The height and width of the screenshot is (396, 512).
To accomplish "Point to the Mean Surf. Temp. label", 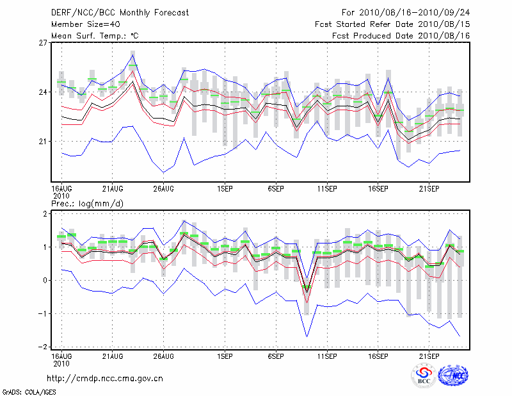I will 95,35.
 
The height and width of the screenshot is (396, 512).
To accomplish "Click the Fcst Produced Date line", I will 401,35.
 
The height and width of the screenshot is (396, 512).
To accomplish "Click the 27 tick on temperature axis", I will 43,43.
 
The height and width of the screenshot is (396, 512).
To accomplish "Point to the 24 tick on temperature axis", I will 43,92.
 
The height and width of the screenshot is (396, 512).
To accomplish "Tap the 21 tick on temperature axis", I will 43,141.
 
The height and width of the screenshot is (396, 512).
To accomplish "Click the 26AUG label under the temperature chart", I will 163,188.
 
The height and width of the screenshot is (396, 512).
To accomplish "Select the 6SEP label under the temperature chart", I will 276,188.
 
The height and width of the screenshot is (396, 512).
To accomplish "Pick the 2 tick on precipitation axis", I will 45,213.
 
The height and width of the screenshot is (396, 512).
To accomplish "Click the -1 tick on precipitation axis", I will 44,313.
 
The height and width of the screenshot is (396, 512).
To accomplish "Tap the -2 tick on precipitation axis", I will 44,347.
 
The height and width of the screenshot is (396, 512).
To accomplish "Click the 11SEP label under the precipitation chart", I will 327,355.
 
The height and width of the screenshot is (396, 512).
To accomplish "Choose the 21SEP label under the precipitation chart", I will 429,355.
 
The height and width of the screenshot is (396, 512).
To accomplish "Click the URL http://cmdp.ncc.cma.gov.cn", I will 105,378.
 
